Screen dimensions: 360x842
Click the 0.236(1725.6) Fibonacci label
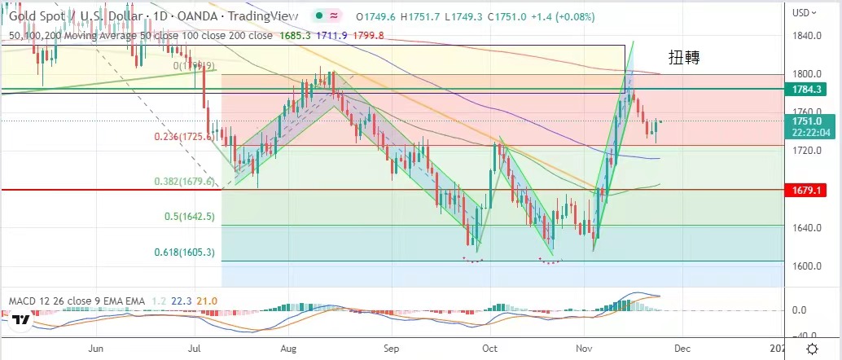184,138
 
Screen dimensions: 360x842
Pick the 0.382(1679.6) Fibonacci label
184,182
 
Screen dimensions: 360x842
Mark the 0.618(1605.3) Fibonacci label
184,253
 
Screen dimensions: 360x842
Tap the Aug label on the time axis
291,349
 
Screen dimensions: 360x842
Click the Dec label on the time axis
682,349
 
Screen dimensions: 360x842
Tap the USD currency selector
804,12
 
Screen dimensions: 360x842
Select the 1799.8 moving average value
368,35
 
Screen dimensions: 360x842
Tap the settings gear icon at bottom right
812,349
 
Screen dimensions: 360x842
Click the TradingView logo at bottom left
22,320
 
